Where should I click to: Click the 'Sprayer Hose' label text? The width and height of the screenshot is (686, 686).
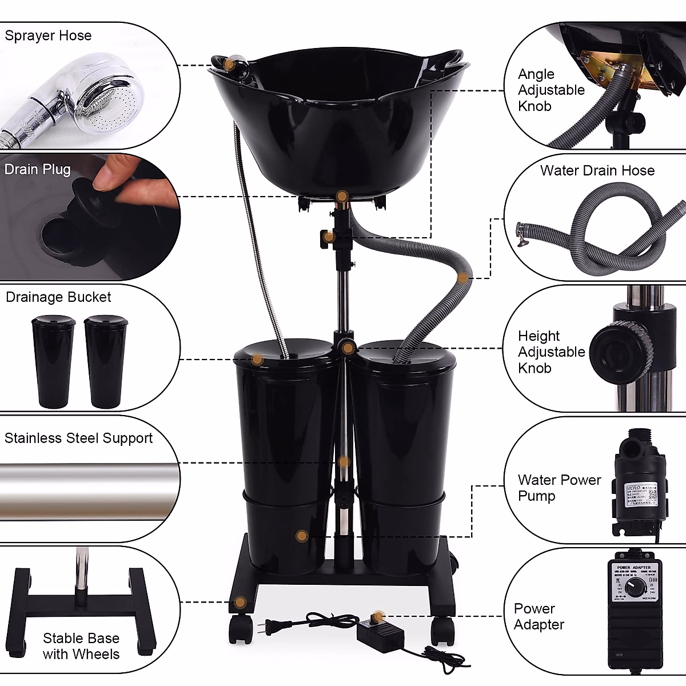(x=48, y=35)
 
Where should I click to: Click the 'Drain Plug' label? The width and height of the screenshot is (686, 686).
(x=38, y=169)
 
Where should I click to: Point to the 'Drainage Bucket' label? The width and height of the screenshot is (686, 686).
(x=58, y=297)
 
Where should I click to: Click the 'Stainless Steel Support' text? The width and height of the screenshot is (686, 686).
(x=78, y=438)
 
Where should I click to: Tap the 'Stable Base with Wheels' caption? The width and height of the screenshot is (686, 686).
(x=81, y=646)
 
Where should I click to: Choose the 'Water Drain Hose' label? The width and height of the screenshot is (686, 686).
(x=597, y=170)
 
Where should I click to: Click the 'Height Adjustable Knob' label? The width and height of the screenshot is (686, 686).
(x=551, y=352)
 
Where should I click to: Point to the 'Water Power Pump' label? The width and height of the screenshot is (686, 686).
(x=559, y=488)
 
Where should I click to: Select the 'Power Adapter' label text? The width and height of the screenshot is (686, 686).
(x=539, y=617)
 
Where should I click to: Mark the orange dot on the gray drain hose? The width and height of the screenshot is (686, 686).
(x=463, y=278)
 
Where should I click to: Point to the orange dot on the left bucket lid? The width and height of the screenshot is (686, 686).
(x=257, y=360)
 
